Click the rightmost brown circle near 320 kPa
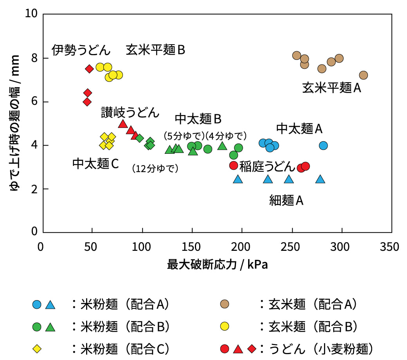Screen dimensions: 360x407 pos(363,75)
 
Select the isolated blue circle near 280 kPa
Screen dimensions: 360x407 pos(323,146)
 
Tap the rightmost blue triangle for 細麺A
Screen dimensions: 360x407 pos(320,179)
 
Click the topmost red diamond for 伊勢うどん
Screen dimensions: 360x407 pos(89,69)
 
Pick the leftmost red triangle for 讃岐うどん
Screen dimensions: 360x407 pos(122,124)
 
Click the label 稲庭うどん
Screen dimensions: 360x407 pos(267,166)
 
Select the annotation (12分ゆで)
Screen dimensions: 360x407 pos(155,169)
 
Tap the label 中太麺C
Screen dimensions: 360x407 pos(95,164)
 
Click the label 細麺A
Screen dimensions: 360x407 pos(286,200)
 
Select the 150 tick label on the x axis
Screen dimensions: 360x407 pos(192,247)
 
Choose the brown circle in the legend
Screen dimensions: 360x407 pos(225,304)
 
